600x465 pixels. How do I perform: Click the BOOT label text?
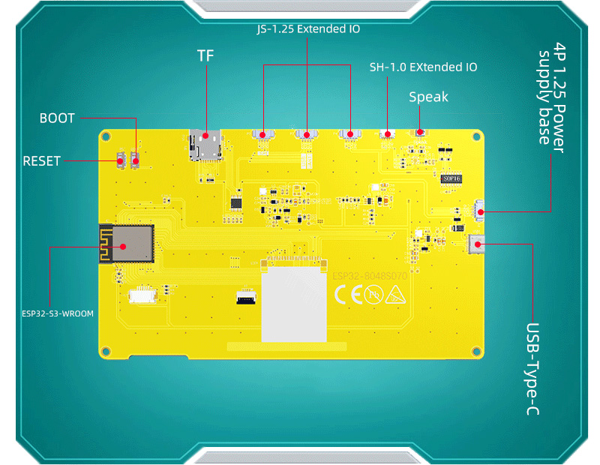click(x=57, y=118)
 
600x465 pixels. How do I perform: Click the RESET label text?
click(x=41, y=160)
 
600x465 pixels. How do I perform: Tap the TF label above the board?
click(x=205, y=56)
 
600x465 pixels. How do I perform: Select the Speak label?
click(x=428, y=97)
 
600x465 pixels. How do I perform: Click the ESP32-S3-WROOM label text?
click(x=58, y=313)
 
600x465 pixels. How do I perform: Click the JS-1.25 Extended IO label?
click(x=307, y=30)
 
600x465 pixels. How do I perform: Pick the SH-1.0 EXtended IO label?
click(x=423, y=67)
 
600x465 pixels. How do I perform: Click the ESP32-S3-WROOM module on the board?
click(x=126, y=243)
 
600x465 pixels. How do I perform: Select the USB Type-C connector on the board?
click(x=476, y=243)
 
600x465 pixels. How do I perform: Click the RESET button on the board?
click(x=120, y=160)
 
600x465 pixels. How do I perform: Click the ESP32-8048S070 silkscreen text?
click(x=370, y=276)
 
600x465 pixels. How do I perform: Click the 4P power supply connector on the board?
click(x=479, y=211)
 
